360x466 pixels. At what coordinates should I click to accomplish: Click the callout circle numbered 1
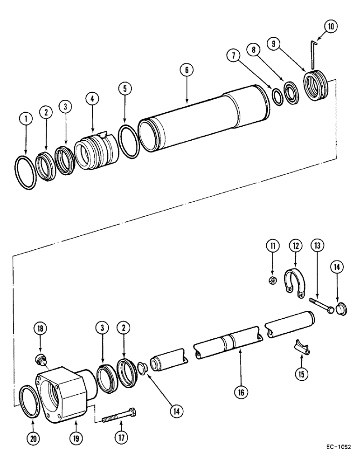tap(26, 119)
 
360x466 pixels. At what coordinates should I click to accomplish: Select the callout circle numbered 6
tap(187, 71)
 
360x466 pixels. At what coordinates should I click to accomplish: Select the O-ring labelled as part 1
tap(26, 172)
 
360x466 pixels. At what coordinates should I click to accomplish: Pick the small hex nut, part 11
tap(275, 280)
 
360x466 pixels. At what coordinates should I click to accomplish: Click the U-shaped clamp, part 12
tap(294, 282)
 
